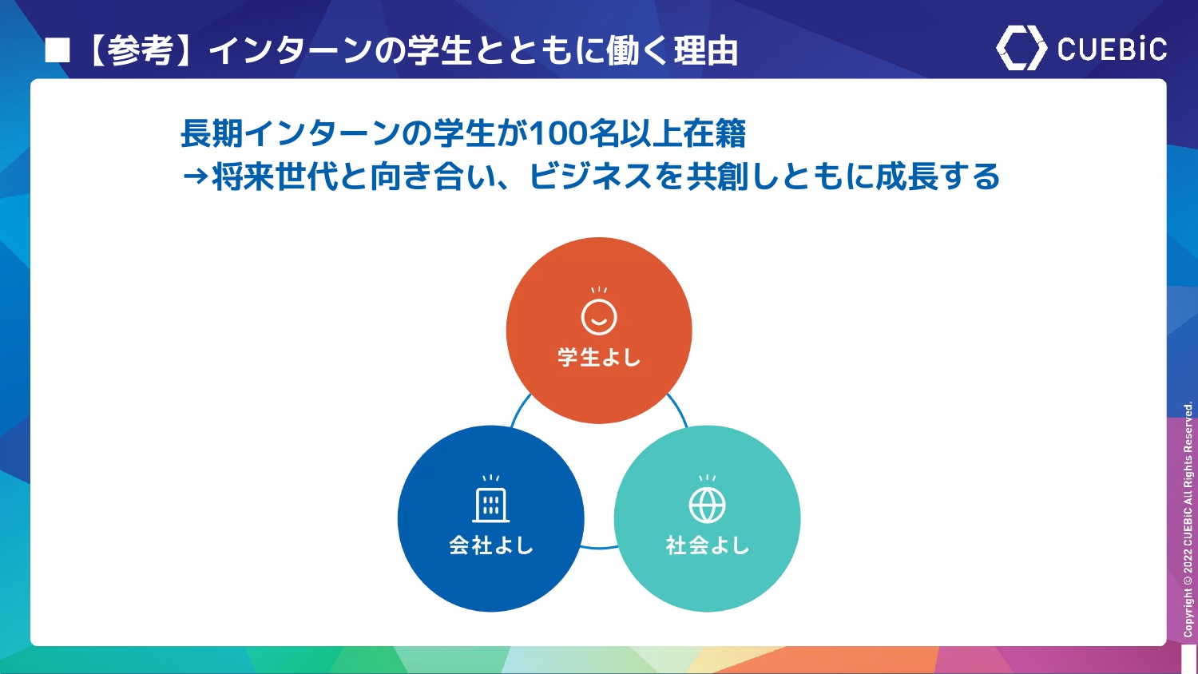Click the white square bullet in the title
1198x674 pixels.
click(58, 51)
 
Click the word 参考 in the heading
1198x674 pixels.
click(141, 51)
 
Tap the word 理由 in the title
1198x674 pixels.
click(705, 51)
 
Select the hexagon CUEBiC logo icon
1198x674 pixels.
click(1021, 48)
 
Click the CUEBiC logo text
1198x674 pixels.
click(1112, 50)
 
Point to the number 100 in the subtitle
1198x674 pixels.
click(557, 133)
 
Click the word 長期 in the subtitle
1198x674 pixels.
click(212, 133)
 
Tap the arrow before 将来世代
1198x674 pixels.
click(195, 176)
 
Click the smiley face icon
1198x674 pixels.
click(599, 311)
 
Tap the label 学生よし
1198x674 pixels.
click(599, 357)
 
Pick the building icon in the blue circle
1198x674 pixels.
click(491, 499)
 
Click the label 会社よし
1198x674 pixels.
click(491, 545)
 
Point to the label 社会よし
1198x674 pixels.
click(707, 545)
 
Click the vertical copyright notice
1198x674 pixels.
click(1188, 519)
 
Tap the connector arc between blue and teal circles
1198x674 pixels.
click(599, 548)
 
